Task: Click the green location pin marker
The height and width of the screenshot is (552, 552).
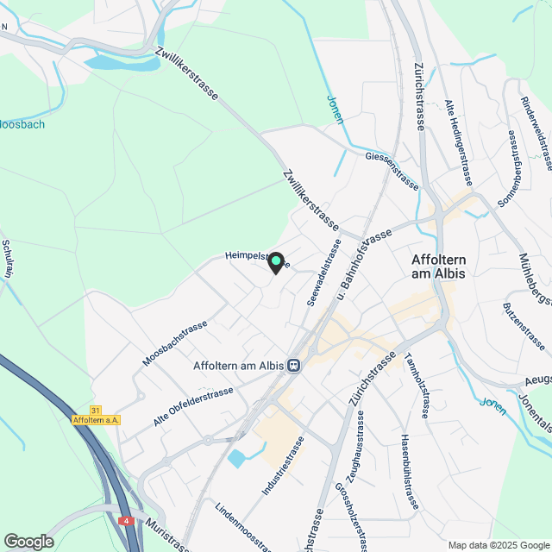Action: [x=275, y=261]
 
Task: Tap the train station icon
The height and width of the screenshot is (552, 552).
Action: [x=294, y=366]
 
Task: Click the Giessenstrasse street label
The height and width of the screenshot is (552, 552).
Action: [x=392, y=171]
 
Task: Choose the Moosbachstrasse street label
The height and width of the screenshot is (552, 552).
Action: [x=175, y=343]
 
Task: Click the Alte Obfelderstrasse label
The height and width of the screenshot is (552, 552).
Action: [x=193, y=407]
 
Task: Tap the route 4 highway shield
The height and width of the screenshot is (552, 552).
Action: [x=126, y=521]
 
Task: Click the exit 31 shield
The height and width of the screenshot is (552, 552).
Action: [x=95, y=410]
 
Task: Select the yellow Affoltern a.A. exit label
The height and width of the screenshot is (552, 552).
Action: [x=97, y=420]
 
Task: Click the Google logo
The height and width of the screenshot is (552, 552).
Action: [x=28, y=541]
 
